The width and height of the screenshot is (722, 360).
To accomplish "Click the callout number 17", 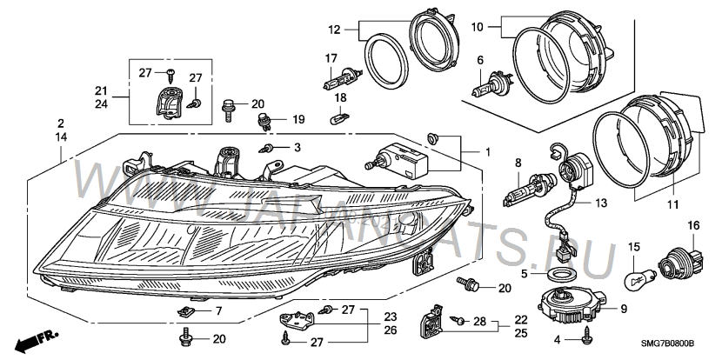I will tap(331, 58).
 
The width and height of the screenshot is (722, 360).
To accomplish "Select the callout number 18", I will tap(342, 97).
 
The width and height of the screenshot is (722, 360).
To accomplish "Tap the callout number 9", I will tap(624, 308).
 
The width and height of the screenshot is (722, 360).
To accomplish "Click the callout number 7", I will tap(219, 310).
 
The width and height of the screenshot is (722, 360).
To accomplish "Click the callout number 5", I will tap(525, 272).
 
